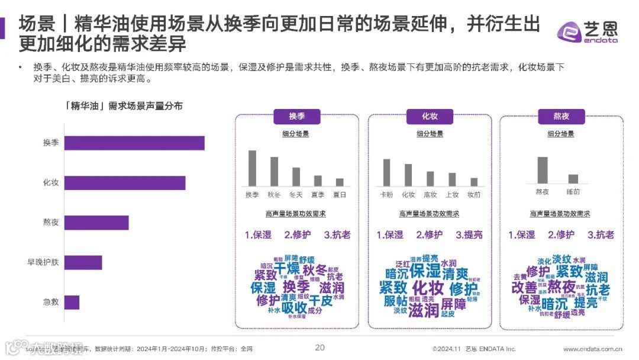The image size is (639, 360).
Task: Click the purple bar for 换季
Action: point(134,143)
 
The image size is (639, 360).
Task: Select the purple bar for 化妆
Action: point(125,183)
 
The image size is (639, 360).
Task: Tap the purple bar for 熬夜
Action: point(96,223)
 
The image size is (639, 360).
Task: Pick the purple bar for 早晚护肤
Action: point(83,262)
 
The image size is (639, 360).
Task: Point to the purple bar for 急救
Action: point(72,302)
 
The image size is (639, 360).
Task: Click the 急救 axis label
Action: point(51,302)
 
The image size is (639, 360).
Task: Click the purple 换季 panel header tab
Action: point(296,116)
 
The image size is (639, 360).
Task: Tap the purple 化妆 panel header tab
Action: point(430,116)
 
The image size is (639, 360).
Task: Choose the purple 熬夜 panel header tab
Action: point(561,116)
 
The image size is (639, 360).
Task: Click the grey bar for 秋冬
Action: point(274,172)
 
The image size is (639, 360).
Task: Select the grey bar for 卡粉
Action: point(386,172)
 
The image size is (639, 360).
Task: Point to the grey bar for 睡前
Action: point(573,179)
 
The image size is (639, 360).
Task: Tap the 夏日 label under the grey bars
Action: point(340,194)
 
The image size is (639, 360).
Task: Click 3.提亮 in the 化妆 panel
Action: point(469,234)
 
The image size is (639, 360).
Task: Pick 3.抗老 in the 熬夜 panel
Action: point(601,234)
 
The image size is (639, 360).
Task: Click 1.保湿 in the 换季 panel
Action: point(258,234)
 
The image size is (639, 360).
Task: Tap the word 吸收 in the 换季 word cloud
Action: point(293,308)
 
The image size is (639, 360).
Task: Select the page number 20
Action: point(319,348)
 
